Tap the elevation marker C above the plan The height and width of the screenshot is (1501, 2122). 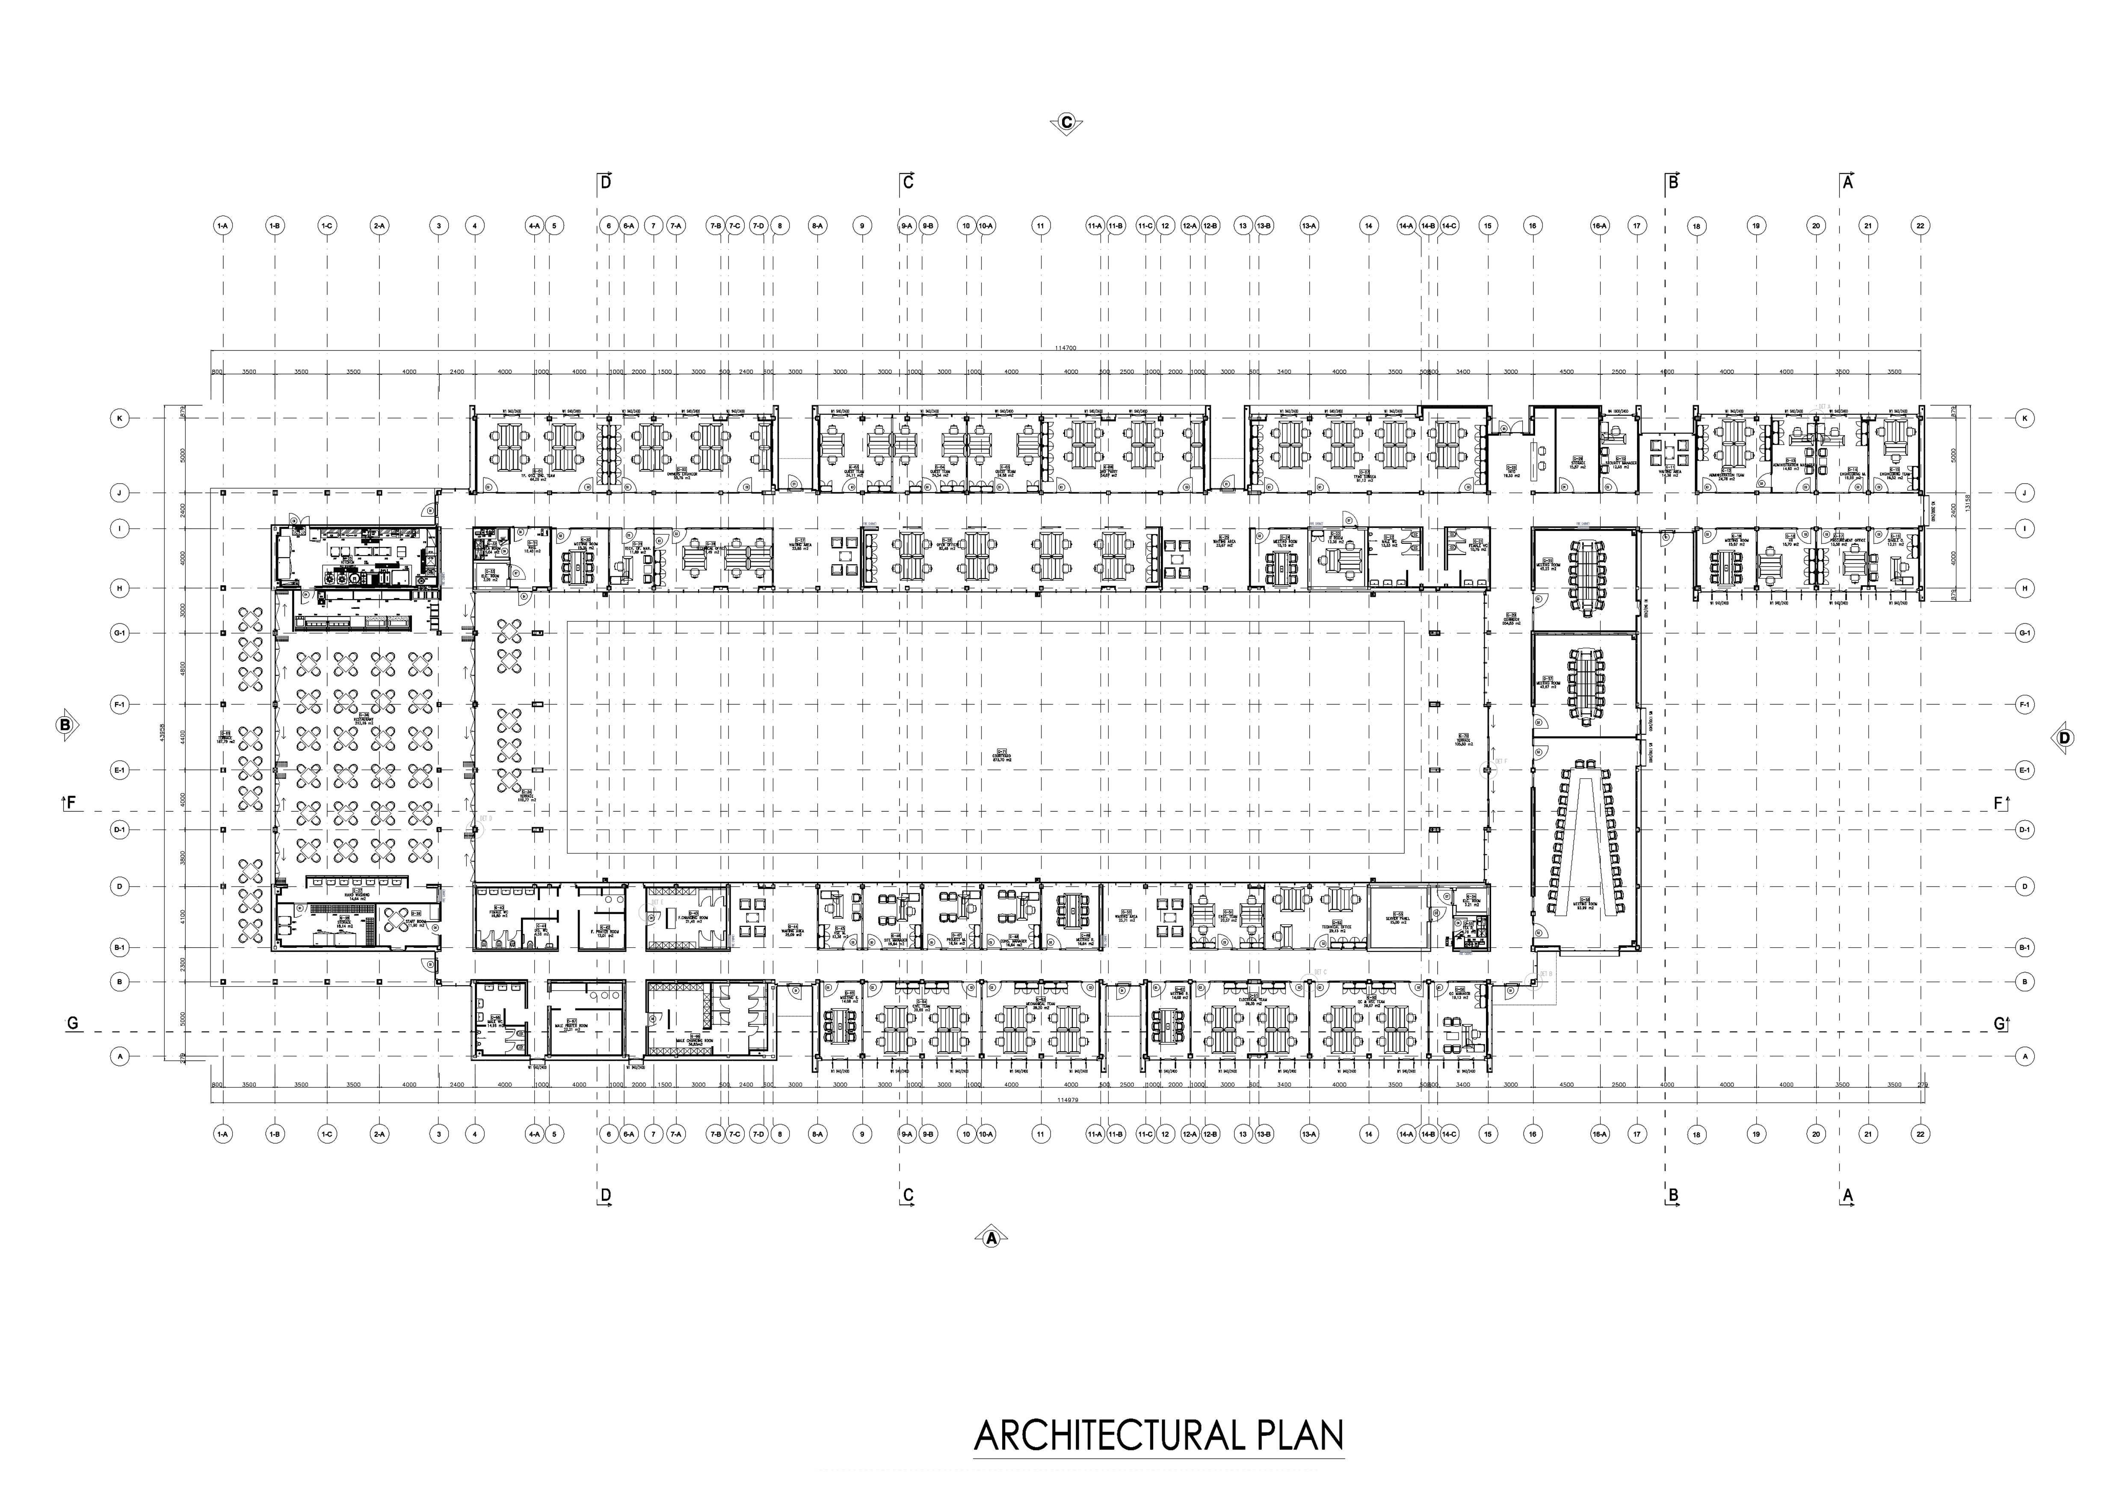click(1066, 123)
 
